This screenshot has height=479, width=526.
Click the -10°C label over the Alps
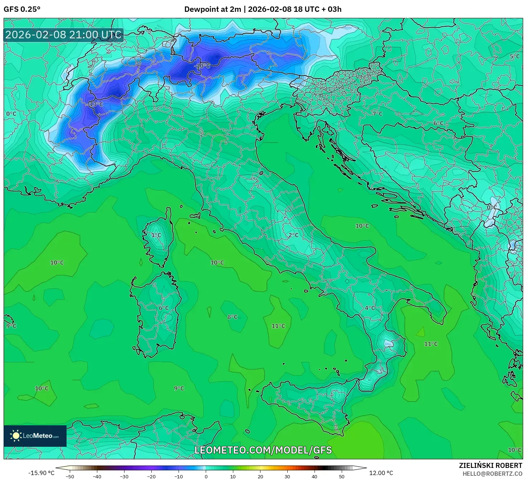pos(202,66)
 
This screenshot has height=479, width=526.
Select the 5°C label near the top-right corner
pos(515,57)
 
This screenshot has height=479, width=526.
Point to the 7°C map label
pos(378,113)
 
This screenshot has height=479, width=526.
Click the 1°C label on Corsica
pos(156,235)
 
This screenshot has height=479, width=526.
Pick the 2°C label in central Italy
pos(293,235)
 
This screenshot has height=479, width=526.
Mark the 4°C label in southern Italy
pos(370,308)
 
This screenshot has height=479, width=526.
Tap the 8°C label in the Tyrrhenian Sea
pos(232,317)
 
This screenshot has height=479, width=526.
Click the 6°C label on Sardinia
pos(164,308)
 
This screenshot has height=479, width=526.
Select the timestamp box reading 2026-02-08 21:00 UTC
pos(64,35)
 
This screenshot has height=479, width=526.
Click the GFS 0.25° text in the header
pos(22,9)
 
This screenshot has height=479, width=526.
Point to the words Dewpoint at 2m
pos(213,9)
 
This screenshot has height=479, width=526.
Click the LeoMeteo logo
pos(35,436)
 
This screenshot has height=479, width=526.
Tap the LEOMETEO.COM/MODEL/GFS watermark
pos(263,450)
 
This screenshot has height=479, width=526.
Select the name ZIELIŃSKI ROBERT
pos(490,465)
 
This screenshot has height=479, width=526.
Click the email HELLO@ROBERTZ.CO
pos(494,474)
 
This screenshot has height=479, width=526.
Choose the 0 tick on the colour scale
pos(206,476)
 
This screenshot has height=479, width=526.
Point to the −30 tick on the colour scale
pos(124,476)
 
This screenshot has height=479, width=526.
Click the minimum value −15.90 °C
pos(42,473)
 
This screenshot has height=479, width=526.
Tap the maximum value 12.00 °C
pos(381,473)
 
